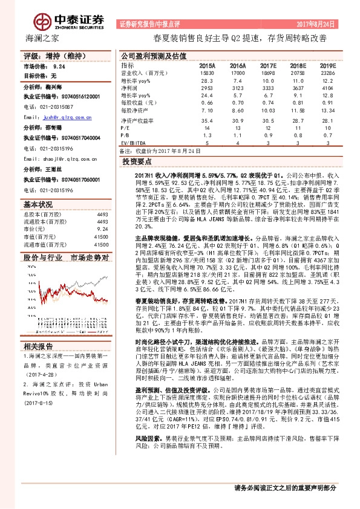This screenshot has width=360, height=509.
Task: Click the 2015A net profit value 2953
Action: [x=208, y=87]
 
